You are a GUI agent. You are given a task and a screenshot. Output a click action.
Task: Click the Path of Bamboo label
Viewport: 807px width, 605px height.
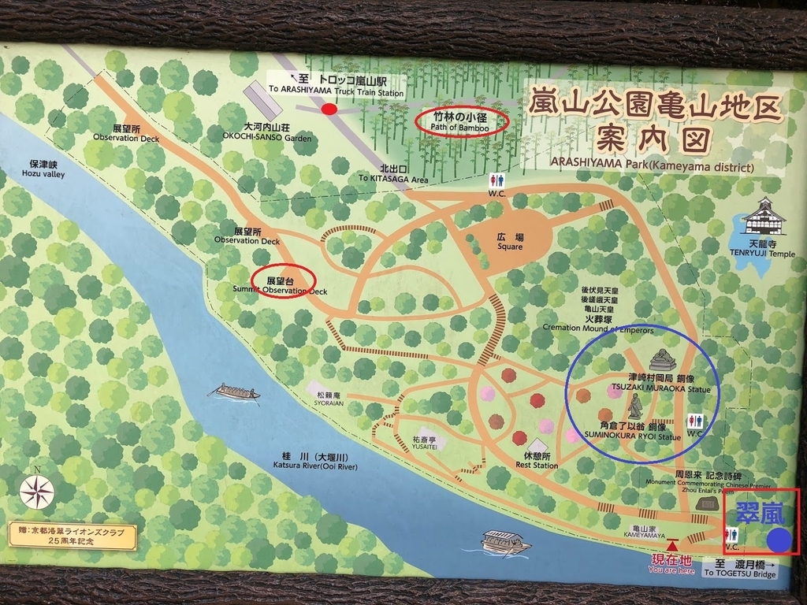460,122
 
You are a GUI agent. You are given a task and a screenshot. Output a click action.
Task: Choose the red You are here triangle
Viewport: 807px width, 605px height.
671,545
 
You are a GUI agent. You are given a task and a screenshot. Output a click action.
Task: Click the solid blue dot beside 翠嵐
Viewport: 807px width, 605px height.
779,540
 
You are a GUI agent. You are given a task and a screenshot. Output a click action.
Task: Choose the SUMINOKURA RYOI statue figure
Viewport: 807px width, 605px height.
634,406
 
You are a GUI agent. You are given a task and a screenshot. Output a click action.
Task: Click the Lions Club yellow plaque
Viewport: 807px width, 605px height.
72,536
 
